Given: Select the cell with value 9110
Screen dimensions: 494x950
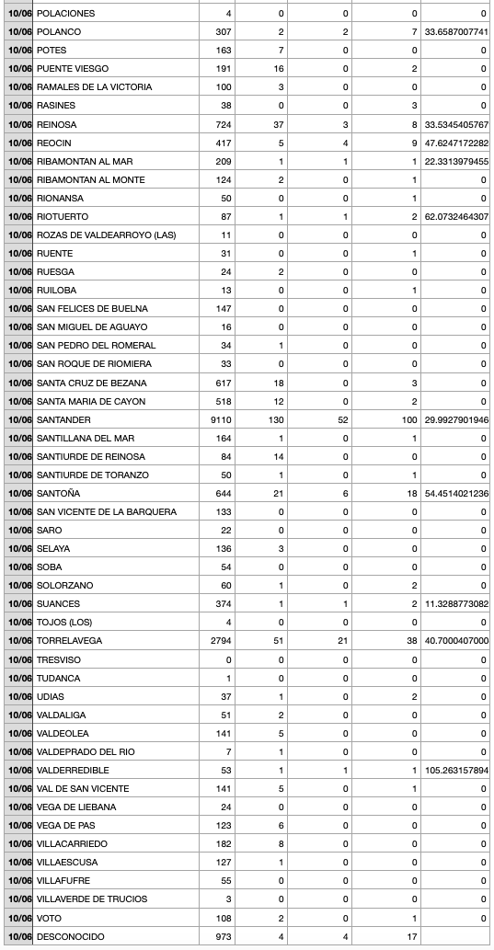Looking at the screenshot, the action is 220,419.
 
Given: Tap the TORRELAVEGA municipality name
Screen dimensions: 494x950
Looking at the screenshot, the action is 69,641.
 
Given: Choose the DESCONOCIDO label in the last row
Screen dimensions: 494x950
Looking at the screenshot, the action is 71,936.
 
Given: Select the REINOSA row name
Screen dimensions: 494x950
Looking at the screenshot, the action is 57,124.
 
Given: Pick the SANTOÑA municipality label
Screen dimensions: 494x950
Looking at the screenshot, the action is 57,493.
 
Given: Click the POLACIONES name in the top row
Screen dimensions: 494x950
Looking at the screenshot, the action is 65,14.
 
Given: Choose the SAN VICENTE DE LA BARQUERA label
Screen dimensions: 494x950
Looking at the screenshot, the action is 106,511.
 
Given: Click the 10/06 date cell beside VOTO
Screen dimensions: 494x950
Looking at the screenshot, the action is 19,918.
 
